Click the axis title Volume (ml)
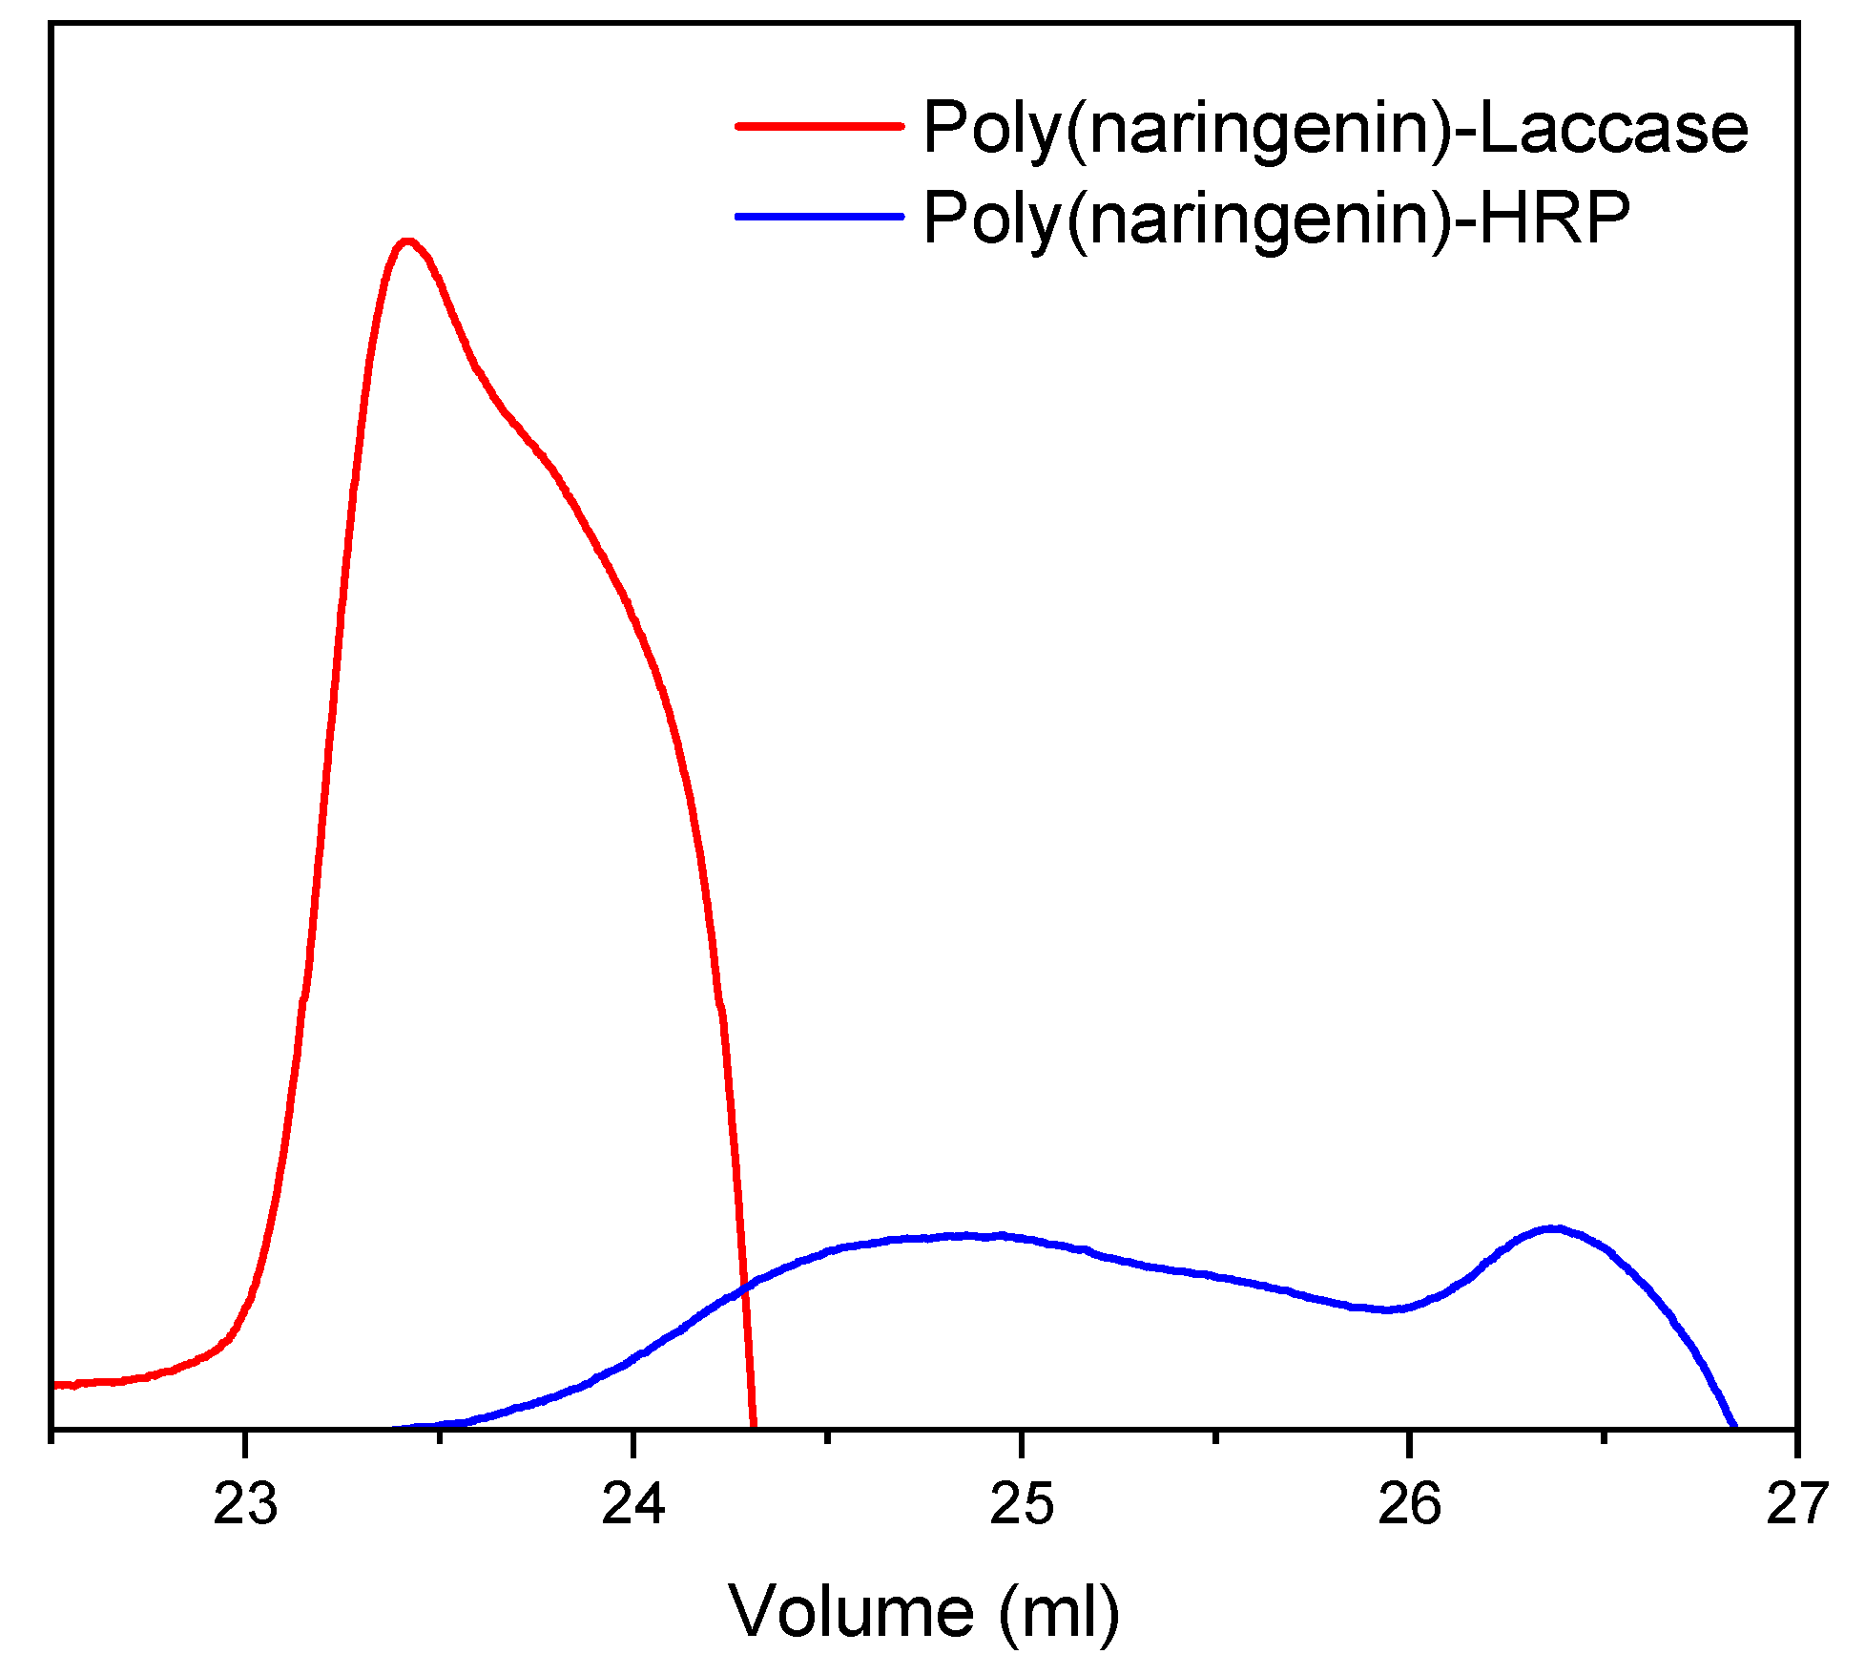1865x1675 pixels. [x=923, y=1612]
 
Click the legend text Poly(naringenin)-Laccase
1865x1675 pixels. [x=1336, y=129]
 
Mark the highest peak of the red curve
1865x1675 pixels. [x=407, y=241]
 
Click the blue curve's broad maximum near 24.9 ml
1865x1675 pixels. [x=964, y=1236]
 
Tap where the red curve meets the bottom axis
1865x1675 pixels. [x=754, y=1427]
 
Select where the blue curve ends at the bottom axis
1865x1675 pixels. [x=1733, y=1427]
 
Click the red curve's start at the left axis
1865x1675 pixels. [x=55, y=1385]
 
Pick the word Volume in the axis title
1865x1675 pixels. [x=851, y=1612]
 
